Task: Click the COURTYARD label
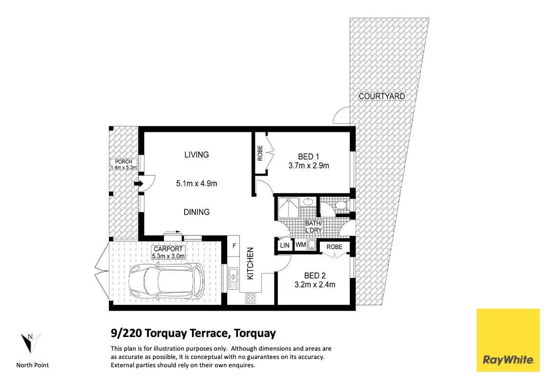click(x=382, y=96)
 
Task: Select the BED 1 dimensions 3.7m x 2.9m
click(x=308, y=166)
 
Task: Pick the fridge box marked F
click(x=234, y=246)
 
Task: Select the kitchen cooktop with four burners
click(x=251, y=297)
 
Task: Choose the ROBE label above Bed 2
click(x=335, y=247)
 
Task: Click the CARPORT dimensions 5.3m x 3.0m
click(x=169, y=256)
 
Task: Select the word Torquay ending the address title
click(x=255, y=334)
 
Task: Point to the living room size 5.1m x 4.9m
click(x=196, y=184)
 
